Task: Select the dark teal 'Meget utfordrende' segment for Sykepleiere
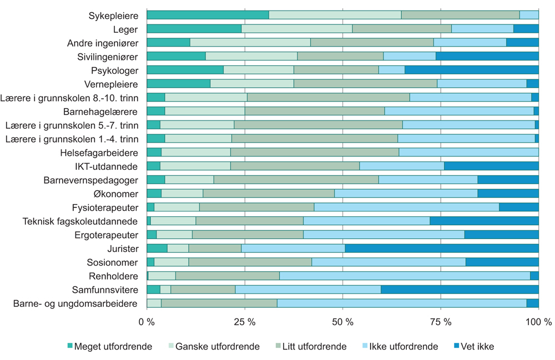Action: pos(208,15)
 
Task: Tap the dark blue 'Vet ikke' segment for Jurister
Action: pos(442,248)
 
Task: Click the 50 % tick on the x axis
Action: pos(342,322)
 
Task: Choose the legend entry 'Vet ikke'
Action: pos(473,347)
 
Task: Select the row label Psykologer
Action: pos(114,70)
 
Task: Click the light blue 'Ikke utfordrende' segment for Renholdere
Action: pos(405,276)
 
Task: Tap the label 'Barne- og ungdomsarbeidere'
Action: pos(75,303)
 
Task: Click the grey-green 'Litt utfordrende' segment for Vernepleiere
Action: pos(365,84)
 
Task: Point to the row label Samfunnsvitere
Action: pos(105,290)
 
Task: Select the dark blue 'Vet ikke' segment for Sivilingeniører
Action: pos(487,56)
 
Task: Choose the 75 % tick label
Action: pos(440,322)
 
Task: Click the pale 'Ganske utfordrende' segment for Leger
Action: pos(297,29)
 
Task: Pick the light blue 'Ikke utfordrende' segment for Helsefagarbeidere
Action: pos(468,152)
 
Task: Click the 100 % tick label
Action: pos(538,322)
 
